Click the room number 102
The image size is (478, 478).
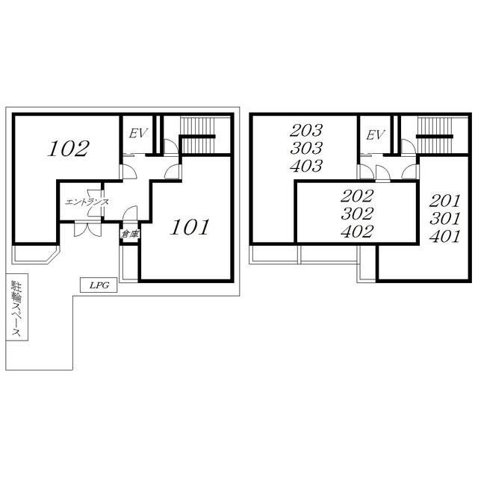tap(68, 148)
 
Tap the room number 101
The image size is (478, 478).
tap(190, 227)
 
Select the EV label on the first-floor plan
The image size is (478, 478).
tap(138, 133)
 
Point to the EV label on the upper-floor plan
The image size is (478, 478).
tap(375, 134)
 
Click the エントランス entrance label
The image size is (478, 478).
tap(87, 202)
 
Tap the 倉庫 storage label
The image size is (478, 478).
tap(130, 234)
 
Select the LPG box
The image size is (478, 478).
tap(99, 285)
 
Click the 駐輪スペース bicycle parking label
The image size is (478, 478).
tap(16, 308)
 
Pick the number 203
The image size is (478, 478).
tap(305, 131)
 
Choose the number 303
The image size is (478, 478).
tap(306, 148)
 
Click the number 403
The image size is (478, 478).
tap(306, 166)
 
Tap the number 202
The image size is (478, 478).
tap(357, 196)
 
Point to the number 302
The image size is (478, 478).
tap(357, 214)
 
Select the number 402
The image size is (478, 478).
tap(357, 232)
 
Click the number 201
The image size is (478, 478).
tap(445, 201)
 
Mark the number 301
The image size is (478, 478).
tap(445, 219)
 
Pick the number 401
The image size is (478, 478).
tap(445, 237)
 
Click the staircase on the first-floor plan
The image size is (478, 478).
tap(198, 135)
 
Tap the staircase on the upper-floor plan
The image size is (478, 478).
tap(435, 135)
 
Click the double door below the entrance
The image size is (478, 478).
tap(87, 229)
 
